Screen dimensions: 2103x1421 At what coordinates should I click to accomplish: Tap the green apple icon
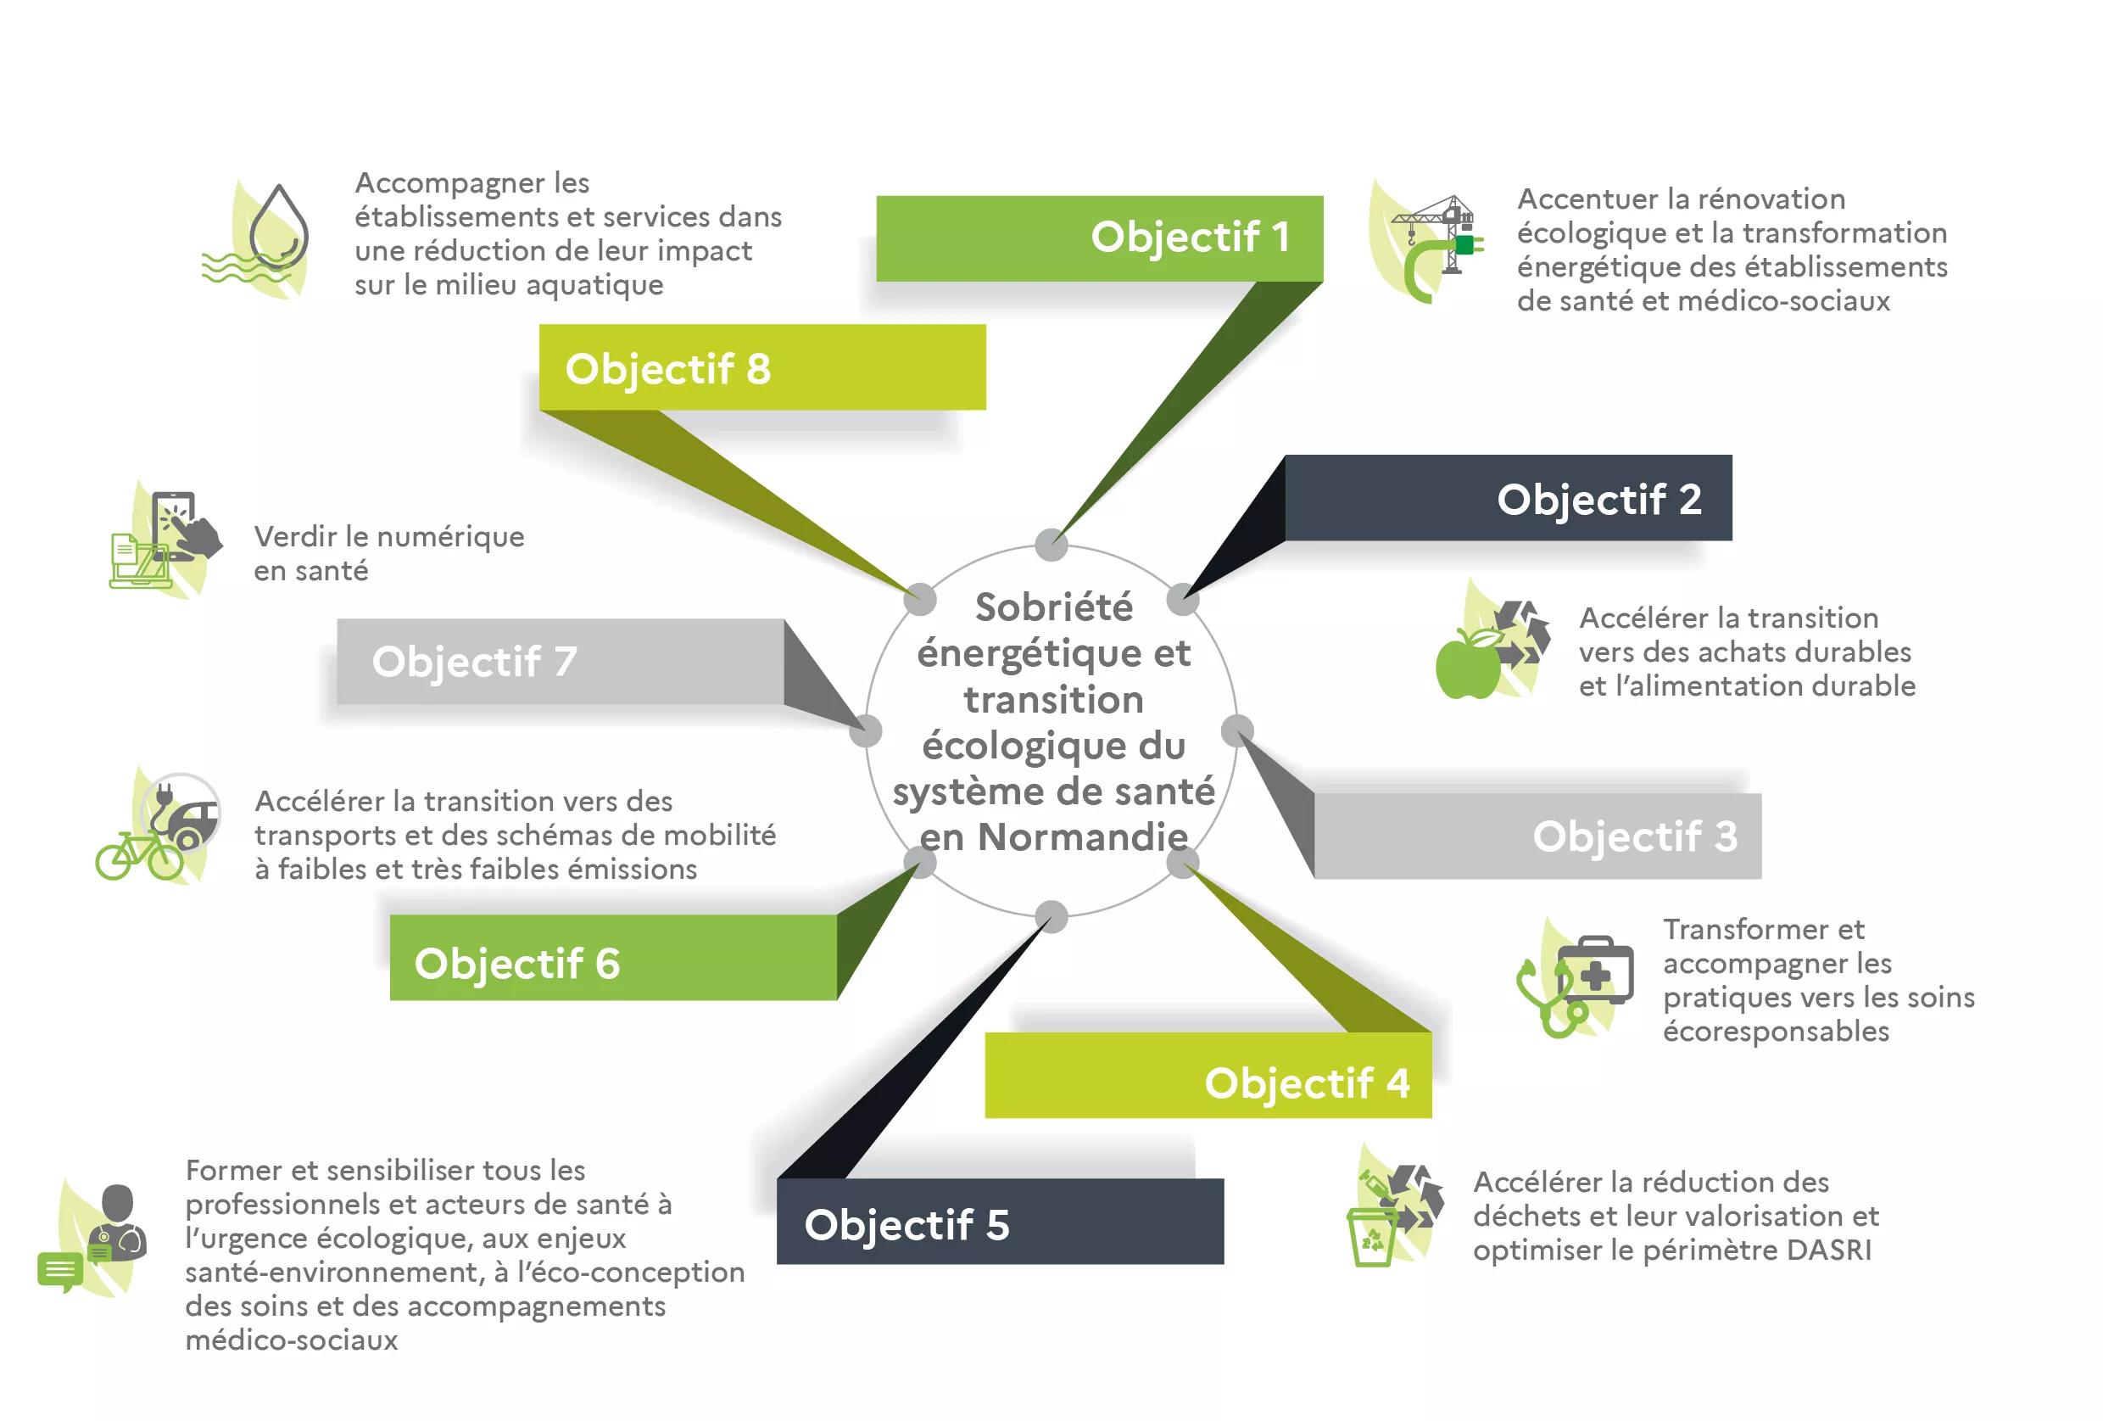click(1468, 663)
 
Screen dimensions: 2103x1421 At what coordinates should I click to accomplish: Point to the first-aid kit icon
click(1595, 971)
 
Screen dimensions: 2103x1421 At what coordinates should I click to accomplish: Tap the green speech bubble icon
click(59, 1272)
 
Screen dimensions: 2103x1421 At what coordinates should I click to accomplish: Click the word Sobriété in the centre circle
click(1053, 607)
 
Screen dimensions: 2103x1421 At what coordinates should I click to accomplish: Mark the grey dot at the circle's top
click(1051, 545)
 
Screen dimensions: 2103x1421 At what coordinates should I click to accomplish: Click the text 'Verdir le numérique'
click(389, 538)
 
